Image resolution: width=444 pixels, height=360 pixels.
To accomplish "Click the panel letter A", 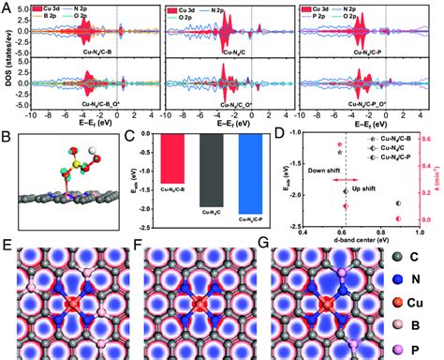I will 6,7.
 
